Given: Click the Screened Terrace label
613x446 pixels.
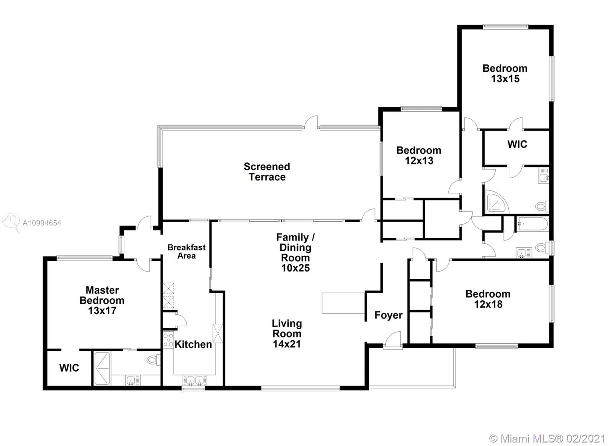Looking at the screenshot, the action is click(267, 172).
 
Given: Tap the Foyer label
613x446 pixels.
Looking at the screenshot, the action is click(388, 315).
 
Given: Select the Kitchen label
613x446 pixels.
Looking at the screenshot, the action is click(193, 344).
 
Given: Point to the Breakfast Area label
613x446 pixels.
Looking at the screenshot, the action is click(187, 252).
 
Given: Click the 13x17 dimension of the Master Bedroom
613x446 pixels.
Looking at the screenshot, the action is click(102, 311).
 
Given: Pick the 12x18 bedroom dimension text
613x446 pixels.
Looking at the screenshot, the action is click(488, 304).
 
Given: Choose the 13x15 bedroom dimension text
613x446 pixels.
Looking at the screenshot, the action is click(505, 79).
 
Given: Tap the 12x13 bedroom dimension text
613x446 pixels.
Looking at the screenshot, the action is click(419, 161).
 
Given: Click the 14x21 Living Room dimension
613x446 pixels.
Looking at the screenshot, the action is click(287, 344).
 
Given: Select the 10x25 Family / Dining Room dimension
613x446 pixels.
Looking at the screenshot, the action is click(295, 268).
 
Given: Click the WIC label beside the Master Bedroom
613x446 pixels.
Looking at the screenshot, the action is click(69, 368).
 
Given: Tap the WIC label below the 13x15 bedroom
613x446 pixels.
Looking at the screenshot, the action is click(517, 144).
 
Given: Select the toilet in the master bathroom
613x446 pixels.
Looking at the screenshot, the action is click(154, 360).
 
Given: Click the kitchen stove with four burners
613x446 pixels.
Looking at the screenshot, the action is click(168, 340).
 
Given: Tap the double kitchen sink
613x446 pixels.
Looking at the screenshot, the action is click(195, 380).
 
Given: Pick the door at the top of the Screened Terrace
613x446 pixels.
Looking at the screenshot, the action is click(311, 123).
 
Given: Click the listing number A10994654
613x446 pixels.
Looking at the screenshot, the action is click(42, 223).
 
